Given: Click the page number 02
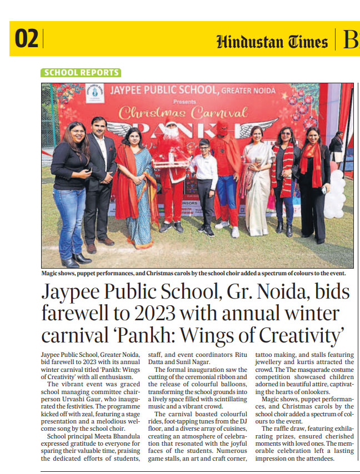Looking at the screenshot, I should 27,39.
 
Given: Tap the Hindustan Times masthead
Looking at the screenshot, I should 272,42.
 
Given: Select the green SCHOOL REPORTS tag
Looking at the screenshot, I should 81,73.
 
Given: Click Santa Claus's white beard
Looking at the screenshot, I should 171,133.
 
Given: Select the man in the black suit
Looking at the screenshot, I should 101,178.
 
